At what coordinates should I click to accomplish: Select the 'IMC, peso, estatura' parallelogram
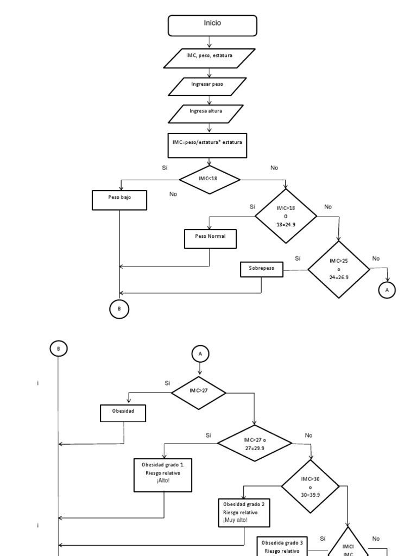[x=209, y=59]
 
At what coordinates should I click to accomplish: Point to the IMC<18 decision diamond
[x=210, y=180]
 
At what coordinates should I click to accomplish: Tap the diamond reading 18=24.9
[x=286, y=216]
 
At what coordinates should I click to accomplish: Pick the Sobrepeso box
[x=262, y=269]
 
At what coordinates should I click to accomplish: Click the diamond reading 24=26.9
[x=339, y=270]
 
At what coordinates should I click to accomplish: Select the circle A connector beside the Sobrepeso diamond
[x=387, y=290]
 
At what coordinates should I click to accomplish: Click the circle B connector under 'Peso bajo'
[x=119, y=309]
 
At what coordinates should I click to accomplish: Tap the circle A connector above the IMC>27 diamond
[x=200, y=353]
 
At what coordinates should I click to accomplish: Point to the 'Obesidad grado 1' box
[x=163, y=475]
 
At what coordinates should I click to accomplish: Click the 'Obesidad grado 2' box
[x=244, y=513]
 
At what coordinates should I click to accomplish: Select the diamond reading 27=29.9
[x=255, y=443]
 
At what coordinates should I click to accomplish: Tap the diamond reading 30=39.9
[x=310, y=486]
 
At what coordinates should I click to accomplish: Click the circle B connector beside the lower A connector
[x=58, y=349]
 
